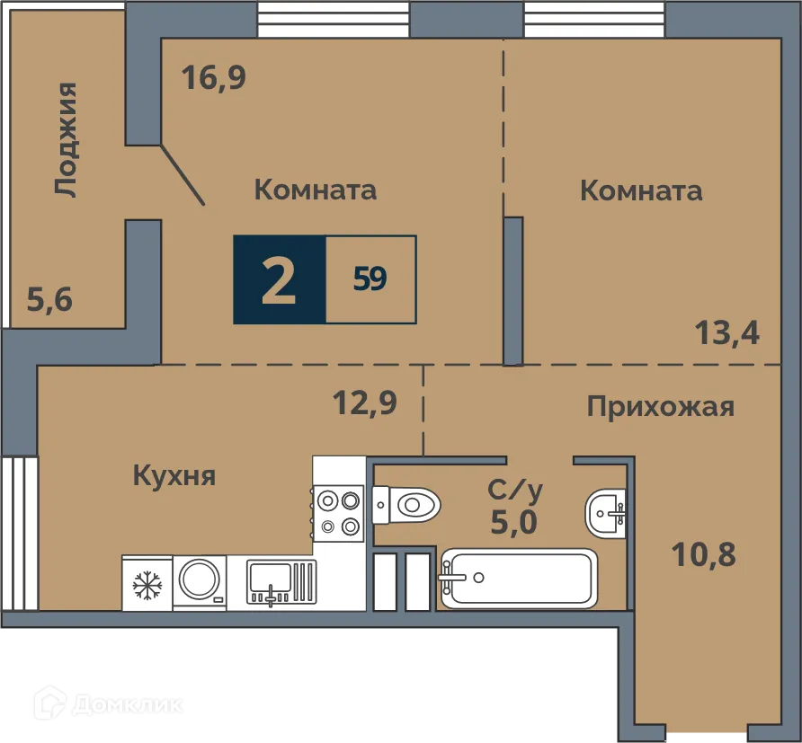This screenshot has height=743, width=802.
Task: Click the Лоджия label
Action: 65,139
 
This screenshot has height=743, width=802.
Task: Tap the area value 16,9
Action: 213,78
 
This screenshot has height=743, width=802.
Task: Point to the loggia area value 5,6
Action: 49,299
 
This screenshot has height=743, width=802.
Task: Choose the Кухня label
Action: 174,475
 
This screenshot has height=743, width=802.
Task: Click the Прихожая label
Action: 660,407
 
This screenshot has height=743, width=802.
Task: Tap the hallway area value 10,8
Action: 704,554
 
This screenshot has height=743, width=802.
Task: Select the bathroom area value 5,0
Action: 514,520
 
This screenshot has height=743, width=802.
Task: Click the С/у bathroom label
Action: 514,490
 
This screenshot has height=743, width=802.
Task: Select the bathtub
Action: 518,579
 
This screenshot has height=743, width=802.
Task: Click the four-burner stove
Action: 339,513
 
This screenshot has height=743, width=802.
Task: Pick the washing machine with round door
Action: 200,582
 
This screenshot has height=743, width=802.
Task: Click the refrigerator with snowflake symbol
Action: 147,583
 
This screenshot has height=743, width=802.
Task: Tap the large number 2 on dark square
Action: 279,280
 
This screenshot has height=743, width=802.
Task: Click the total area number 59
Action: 370,280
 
